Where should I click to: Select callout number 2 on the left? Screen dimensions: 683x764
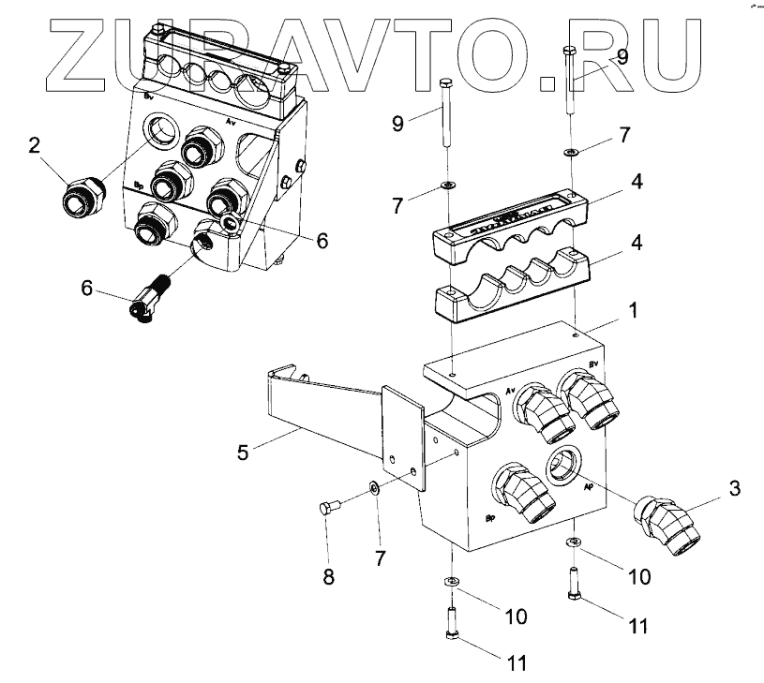click(x=35, y=145)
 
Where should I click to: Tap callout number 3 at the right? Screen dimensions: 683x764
click(x=735, y=487)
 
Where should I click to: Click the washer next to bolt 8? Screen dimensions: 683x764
click(x=374, y=487)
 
